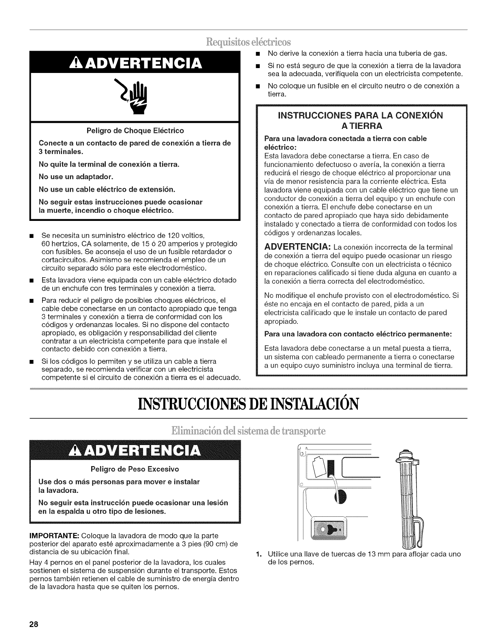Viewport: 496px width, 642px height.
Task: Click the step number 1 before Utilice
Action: (x=258, y=554)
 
